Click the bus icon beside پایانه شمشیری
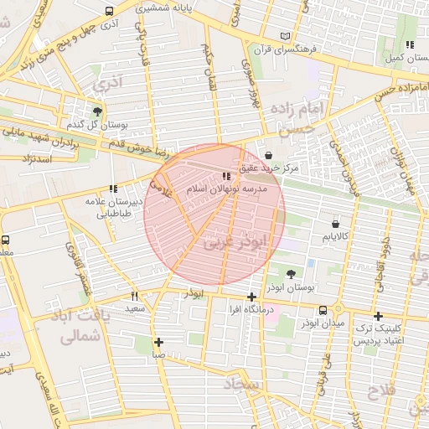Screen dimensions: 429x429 point(110,12)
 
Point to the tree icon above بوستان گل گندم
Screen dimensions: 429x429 point(98,111)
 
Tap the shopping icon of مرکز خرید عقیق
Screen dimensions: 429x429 point(268,155)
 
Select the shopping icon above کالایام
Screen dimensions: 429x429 point(335,225)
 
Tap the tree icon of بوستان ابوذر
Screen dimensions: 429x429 point(291,273)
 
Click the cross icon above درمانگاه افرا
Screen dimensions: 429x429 point(251,297)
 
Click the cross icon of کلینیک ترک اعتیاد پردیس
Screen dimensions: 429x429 point(379,316)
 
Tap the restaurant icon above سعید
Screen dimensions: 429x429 point(135,296)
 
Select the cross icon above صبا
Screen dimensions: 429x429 point(158,341)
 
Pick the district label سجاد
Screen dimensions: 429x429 point(244,383)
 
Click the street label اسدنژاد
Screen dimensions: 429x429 point(36,158)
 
